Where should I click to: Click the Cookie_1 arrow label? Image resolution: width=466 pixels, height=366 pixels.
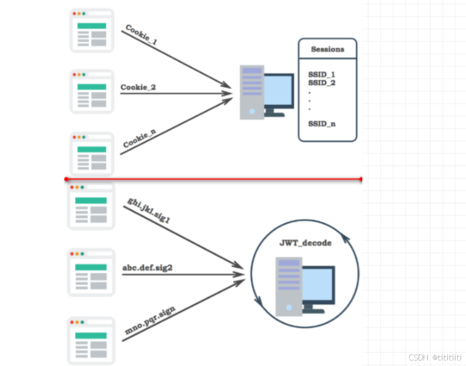point(141,34)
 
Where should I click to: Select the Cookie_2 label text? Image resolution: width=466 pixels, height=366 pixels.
point(138,87)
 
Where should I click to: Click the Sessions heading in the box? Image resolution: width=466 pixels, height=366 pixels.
point(327,49)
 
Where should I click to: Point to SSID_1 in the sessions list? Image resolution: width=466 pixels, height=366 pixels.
point(322,75)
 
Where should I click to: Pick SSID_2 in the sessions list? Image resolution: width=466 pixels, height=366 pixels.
point(322,83)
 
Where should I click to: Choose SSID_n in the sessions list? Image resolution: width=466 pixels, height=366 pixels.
point(322,124)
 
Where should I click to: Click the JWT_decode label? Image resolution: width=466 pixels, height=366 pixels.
point(305,242)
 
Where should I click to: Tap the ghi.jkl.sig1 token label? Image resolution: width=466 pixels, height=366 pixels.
point(149,210)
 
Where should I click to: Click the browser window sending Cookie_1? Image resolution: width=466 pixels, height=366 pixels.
point(92,30)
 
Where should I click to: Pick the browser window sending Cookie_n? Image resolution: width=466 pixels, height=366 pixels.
point(92,154)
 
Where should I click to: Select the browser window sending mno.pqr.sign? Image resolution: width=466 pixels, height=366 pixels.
point(91,340)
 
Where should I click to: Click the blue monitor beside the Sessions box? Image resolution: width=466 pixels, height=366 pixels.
point(278,92)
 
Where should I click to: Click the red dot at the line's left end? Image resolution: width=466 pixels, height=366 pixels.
point(66,179)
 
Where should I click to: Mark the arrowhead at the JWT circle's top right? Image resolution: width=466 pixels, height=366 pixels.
point(345,238)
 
